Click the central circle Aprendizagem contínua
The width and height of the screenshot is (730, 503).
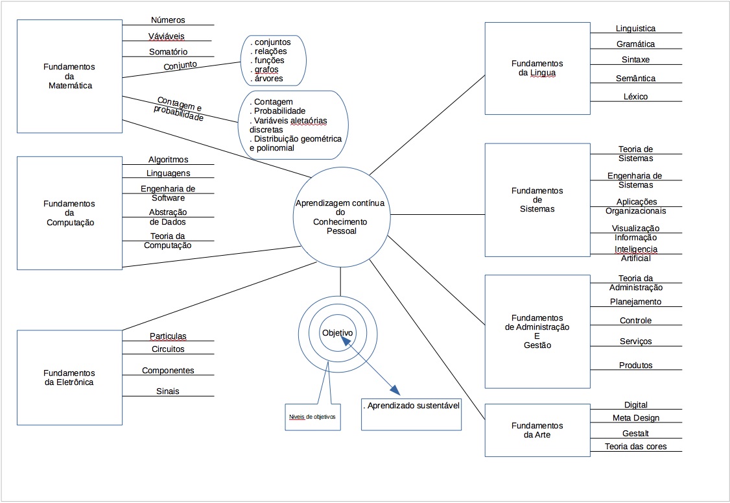tap(340, 217)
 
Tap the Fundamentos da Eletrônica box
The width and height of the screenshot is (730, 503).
tap(69, 378)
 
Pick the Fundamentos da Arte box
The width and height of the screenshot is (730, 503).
tap(537, 430)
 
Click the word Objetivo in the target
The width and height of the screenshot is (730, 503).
tap(338, 333)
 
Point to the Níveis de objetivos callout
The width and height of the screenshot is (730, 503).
tap(312, 416)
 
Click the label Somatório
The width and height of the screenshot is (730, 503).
tap(168, 52)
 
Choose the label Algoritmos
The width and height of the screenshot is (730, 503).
tap(168, 160)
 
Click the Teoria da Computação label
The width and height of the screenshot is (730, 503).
tap(167, 241)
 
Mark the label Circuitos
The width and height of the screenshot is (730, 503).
tap(168, 349)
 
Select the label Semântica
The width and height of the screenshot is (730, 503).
tap(635, 79)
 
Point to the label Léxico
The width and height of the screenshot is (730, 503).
tap(635, 97)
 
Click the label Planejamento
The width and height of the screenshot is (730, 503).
tap(635, 302)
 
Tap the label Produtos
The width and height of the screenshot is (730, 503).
tap(635, 365)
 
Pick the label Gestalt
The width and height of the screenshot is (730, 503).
tap(635, 434)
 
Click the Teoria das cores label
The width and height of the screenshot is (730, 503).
tap(635, 447)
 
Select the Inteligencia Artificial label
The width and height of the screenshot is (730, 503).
tap(635, 254)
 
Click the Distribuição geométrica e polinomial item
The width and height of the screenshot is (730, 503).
tap(296, 143)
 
